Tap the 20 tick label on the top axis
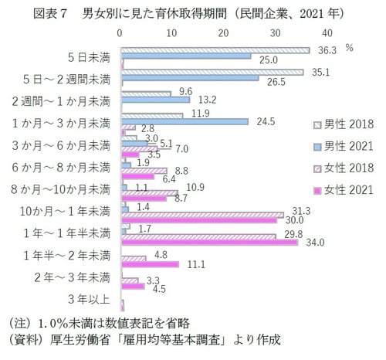click(x=224, y=33)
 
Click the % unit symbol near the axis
click(x=349, y=48)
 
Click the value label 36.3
click(x=327, y=50)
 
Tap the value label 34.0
click(x=315, y=243)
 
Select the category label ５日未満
click(x=88, y=57)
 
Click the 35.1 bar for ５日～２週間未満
click(x=212, y=73)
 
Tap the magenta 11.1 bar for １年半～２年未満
click(x=151, y=263)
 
